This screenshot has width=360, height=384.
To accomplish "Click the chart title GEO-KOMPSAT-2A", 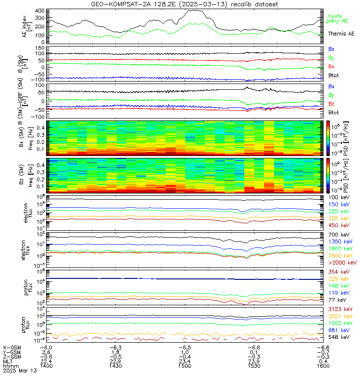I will point(180,4).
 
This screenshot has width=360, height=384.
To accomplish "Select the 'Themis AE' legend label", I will point(341,34).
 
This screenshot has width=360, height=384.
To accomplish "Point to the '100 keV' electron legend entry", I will point(338,198).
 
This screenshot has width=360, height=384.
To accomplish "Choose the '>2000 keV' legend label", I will point(342,263).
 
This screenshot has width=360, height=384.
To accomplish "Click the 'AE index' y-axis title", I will point(8,25).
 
